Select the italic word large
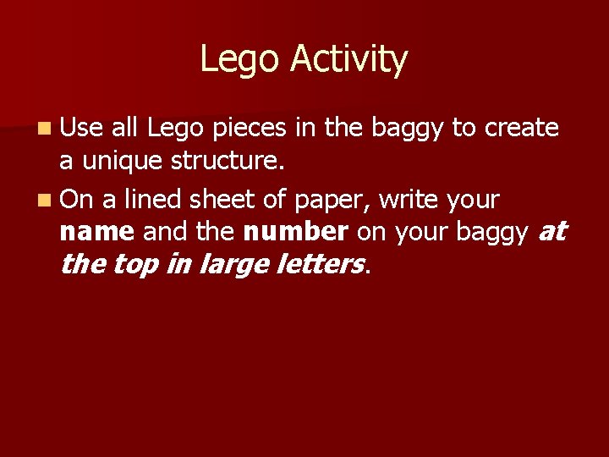pos(233,265)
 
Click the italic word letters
pos(322,264)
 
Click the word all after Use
pos(124,129)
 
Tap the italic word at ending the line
pos(552,231)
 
